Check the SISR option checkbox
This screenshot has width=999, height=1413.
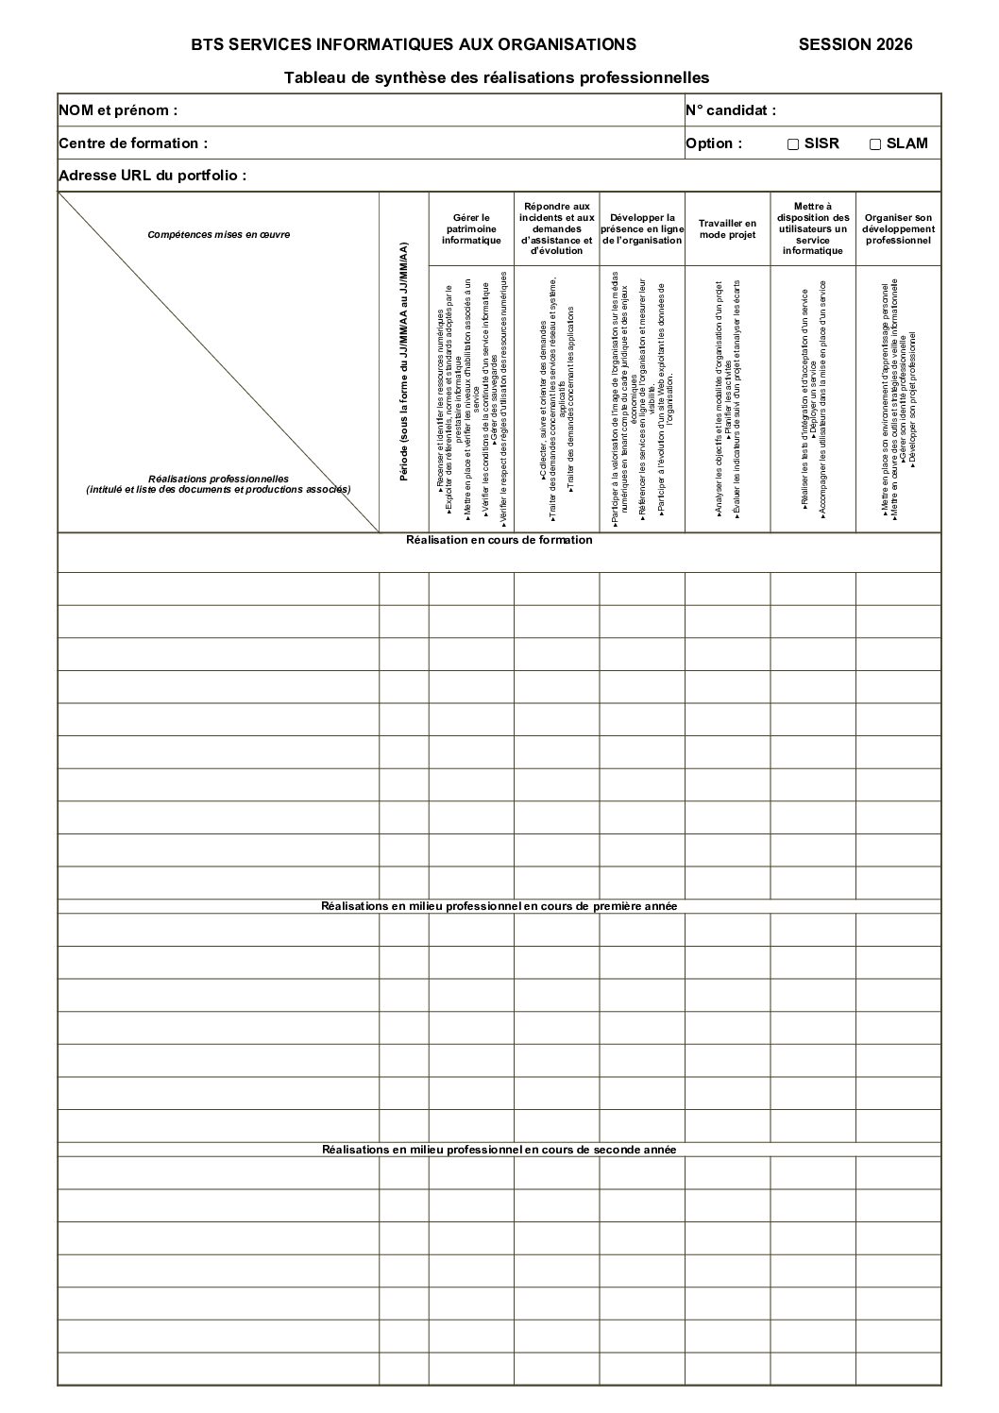click(x=793, y=144)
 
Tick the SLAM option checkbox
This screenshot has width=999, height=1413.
click(x=875, y=144)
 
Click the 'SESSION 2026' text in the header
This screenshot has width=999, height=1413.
click(x=855, y=44)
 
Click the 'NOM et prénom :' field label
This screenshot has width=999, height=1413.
click(x=118, y=110)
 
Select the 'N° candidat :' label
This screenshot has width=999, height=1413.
click(x=731, y=110)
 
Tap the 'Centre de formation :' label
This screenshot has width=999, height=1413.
click(x=133, y=143)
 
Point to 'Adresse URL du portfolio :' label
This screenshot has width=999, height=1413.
click(x=153, y=176)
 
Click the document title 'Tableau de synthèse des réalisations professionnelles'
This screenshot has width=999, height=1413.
click(x=497, y=77)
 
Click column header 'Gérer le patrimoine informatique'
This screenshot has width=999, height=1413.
click(x=471, y=228)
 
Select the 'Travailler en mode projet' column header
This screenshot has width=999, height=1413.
click(x=727, y=229)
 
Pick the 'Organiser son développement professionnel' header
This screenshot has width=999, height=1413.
click(x=898, y=229)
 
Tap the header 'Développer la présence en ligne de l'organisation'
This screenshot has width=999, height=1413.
click(x=642, y=229)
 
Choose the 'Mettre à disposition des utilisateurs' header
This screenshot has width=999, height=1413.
click(x=812, y=228)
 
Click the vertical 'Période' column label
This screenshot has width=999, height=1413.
click(x=404, y=362)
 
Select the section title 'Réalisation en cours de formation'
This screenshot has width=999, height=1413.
click(x=499, y=540)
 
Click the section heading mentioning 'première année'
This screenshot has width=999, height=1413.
click(x=499, y=906)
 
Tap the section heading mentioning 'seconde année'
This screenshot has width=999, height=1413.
click(x=499, y=1150)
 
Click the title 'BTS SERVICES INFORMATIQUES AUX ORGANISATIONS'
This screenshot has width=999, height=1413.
click(x=414, y=44)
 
